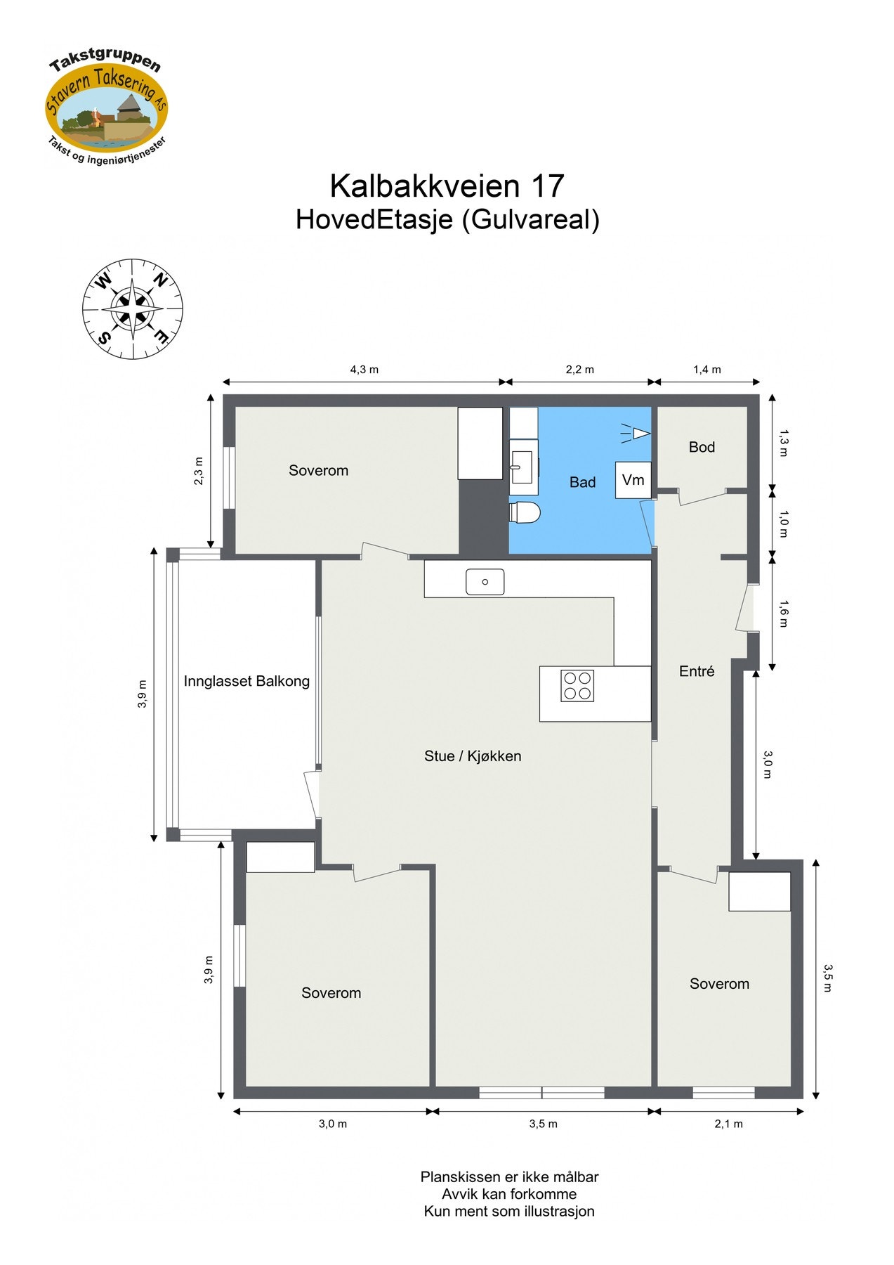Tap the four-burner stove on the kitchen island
click(577, 686)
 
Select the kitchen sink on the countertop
click(485, 582)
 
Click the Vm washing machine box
click(633, 480)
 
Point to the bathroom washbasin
click(522, 467)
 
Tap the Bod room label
click(702, 447)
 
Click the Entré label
click(697, 671)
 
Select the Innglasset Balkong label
click(246, 681)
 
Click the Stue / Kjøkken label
click(473, 756)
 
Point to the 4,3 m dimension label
click(364, 370)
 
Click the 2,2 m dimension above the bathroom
click(580, 370)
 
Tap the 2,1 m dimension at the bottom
click(729, 1124)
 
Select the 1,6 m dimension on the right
click(784, 613)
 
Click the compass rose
click(133, 308)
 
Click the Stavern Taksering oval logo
click(106, 108)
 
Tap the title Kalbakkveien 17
click(447, 186)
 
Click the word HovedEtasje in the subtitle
click(374, 219)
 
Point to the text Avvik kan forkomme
click(509, 1194)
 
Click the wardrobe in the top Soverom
click(480, 443)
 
